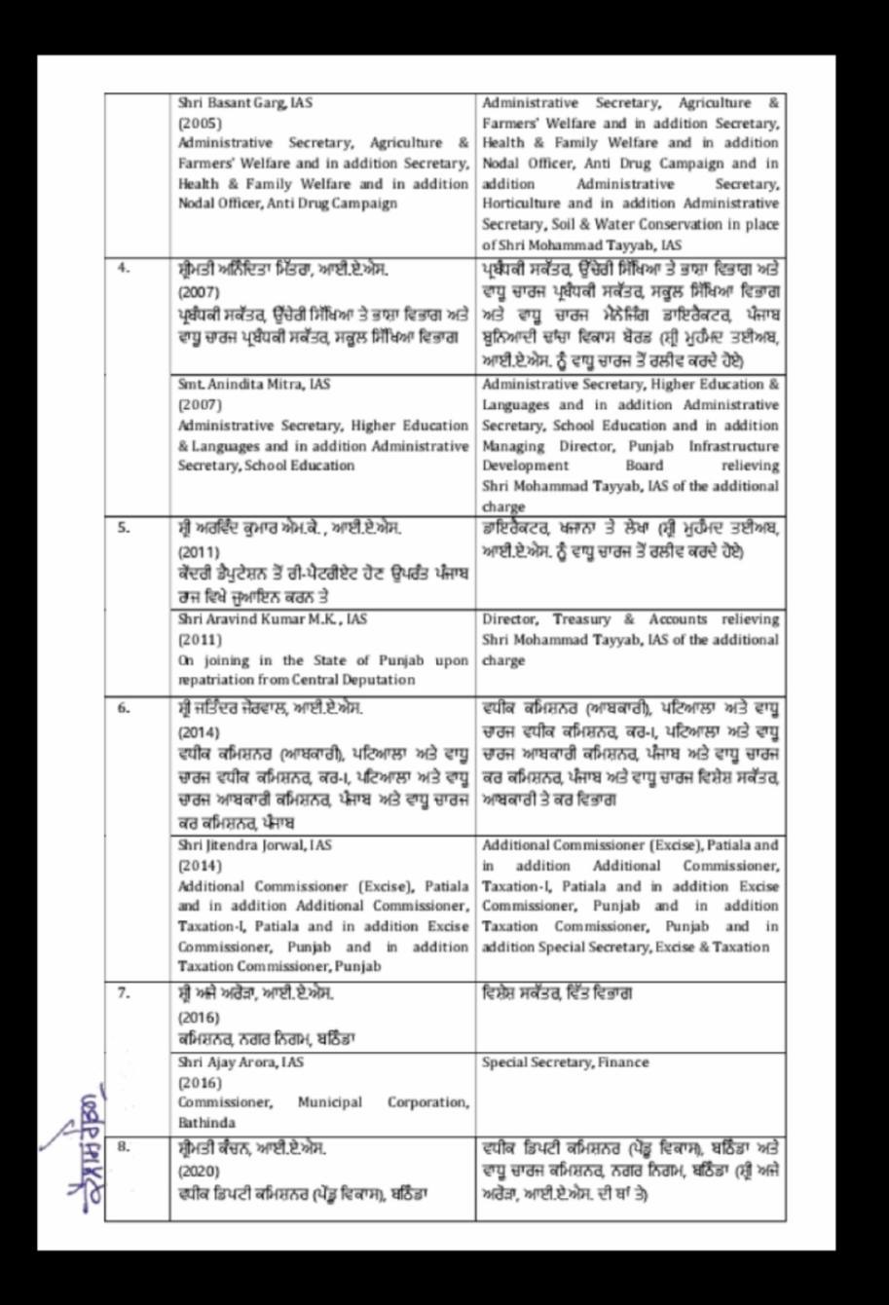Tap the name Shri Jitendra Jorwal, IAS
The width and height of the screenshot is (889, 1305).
(255, 845)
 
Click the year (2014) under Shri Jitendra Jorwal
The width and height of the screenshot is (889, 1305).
(200, 865)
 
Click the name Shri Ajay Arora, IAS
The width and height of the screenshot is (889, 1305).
(241, 1063)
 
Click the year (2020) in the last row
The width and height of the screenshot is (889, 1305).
(200, 1170)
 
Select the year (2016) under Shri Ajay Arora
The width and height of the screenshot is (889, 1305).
(200, 1082)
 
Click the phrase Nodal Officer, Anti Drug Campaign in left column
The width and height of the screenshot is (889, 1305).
(286, 204)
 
